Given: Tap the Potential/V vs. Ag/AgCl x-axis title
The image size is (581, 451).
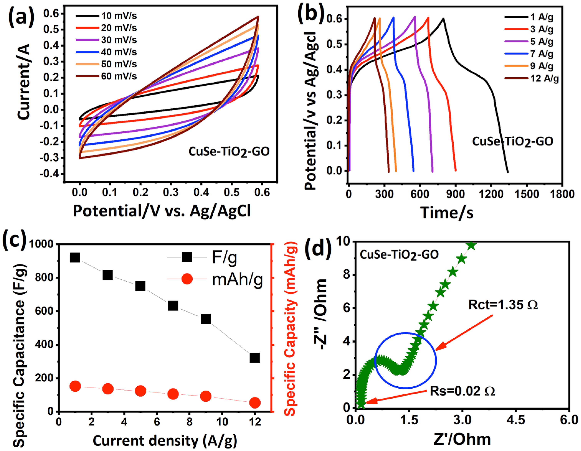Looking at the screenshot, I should tap(162, 211).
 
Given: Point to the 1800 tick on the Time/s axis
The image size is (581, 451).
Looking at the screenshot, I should tap(562, 194).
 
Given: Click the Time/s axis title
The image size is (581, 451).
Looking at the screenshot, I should tap(447, 213).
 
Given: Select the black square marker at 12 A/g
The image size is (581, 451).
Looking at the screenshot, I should tap(255, 358).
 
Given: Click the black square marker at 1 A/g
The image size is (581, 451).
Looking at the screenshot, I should tap(75, 258).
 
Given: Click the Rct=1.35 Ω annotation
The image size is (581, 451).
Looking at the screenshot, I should tap(503, 305).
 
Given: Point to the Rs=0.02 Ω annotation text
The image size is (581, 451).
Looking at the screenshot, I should tap(462, 391).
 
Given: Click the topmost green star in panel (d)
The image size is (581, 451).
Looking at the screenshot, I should tap(471, 245).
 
